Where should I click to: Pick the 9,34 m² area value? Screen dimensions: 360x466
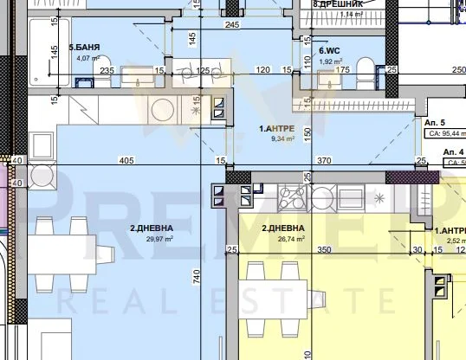280,139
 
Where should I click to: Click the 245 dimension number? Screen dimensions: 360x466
231,26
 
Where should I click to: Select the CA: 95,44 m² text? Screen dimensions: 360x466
443,135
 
